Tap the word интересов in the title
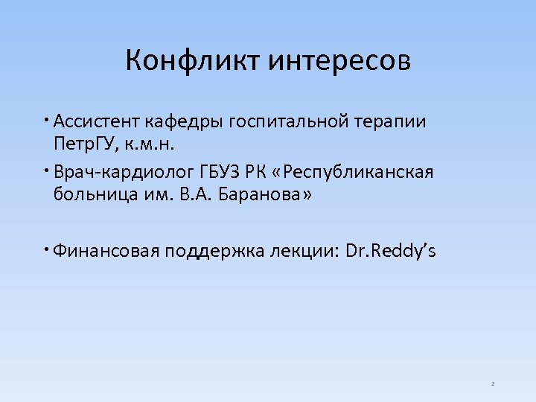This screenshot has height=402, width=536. click(x=339, y=60)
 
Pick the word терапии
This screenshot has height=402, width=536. click(x=398, y=122)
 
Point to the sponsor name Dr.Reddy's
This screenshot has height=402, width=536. click(x=392, y=252)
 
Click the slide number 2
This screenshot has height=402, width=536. click(x=493, y=384)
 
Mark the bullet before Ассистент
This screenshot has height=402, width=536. click(x=46, y=119)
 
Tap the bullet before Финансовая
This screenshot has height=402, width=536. click(x=46, y=249)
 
